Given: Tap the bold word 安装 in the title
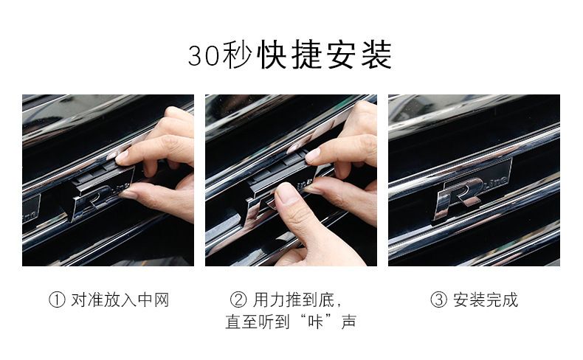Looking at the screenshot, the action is tap(359, 55).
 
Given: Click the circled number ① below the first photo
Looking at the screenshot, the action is tap(57, 300).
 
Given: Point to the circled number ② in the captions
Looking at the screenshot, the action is tap(238, 300).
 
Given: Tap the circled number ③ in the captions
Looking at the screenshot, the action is tap(439, 300).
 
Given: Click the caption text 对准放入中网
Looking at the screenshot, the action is tap(120, 300).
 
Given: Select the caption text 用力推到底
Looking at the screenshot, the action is tap(294, 300).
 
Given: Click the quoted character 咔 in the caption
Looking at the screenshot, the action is tap(315, 322).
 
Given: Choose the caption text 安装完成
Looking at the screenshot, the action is tap(485, 300).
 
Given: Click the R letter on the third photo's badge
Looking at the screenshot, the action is tap(459, 198).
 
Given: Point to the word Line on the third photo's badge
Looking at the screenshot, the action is tap(495, 181).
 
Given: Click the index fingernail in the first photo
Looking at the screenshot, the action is tap(121, 156).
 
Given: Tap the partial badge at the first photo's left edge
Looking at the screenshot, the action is tap(31, 210).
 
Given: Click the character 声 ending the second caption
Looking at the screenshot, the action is tap(348, 322).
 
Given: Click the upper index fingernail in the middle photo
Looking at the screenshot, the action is tap(312, 155).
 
